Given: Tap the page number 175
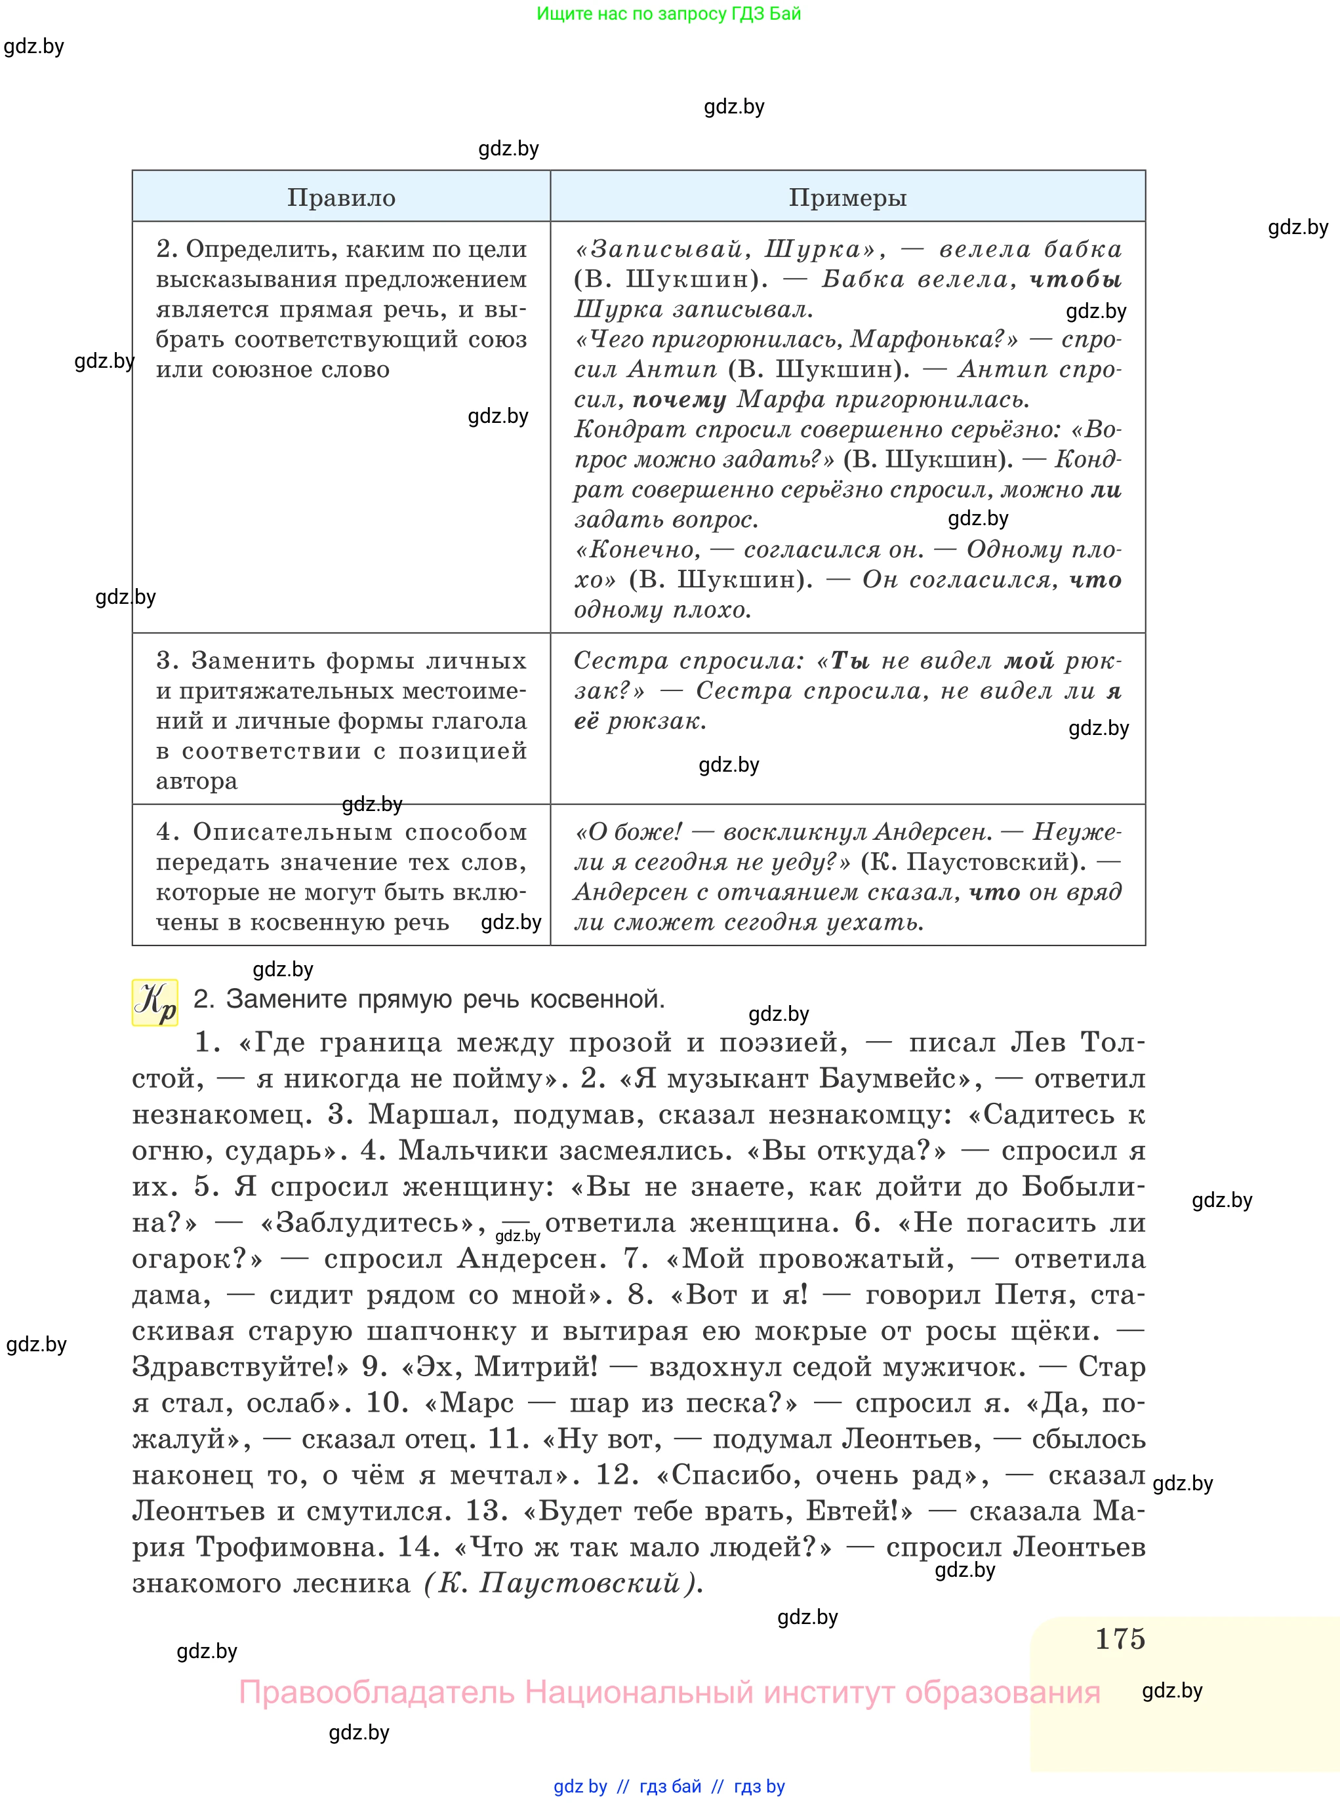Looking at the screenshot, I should pyautogui.click(x=1120, y=1638).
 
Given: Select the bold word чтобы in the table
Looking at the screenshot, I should pyautogui.click(x=1076, y=280).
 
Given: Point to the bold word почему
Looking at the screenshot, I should pyautogui.click(x=679, y=400).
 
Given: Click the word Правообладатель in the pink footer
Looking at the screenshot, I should pyautogui.click(x=376, y=1693).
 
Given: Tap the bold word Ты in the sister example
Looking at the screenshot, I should pyautogui.click(x=849, y=662).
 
